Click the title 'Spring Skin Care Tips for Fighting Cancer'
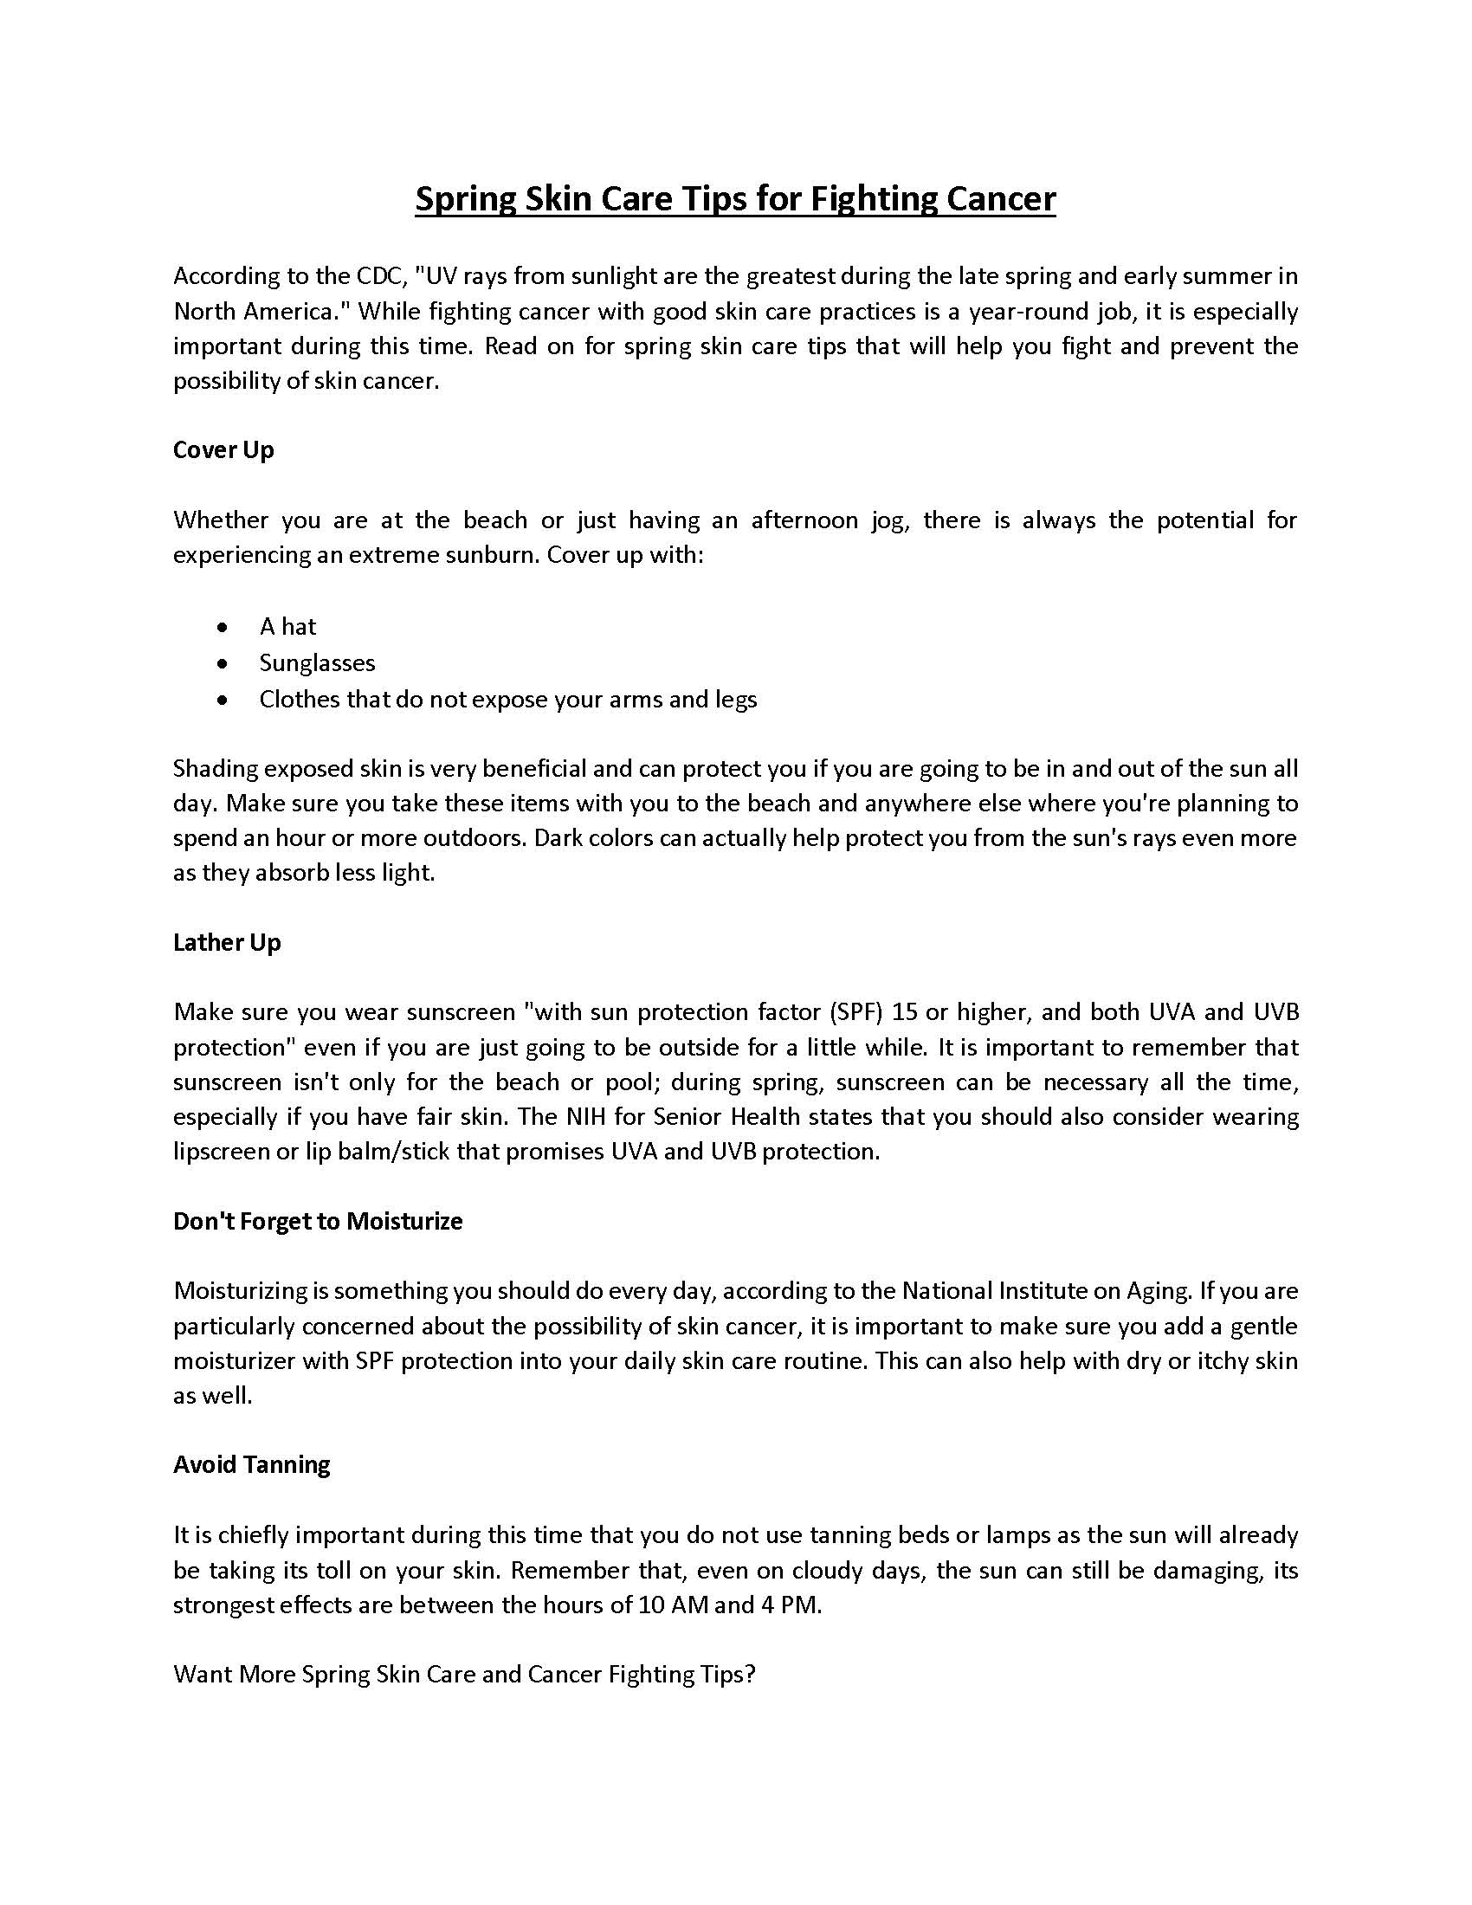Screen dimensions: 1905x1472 735,199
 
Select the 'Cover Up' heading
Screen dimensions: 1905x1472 223,450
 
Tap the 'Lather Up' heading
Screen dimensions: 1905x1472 227,943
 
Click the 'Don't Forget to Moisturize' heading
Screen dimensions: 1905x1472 318,1221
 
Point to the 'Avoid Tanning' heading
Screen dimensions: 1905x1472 251,1464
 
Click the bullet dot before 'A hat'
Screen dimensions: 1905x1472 224,627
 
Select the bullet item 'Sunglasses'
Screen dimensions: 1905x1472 318,663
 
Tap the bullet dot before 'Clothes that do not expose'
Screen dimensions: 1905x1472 224,700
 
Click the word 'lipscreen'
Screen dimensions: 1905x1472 222,1153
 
